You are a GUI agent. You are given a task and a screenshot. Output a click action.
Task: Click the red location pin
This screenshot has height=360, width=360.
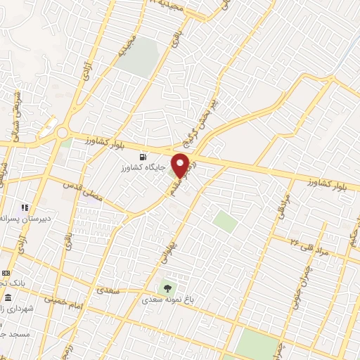point(181,166)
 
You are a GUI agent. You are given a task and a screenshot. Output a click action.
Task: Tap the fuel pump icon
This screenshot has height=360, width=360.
point(145,156)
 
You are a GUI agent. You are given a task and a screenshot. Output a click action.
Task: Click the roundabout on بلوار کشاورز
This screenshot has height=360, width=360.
point(62,132)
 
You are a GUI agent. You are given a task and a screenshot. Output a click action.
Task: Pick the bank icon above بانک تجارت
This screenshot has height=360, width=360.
point(6,272)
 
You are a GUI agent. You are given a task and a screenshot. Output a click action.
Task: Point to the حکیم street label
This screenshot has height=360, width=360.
point(352,240)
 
